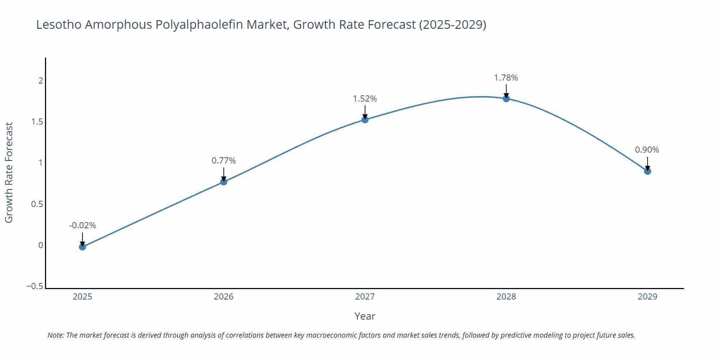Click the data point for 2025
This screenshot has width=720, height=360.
point(82,247)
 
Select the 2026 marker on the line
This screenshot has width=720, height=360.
point(224,182)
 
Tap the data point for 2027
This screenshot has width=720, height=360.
point(365,120)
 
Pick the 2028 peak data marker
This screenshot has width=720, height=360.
point(506,98)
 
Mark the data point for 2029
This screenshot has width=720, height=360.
point(647,171)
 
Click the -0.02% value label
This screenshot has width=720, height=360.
point(82,225)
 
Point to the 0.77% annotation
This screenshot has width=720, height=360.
point(224,161)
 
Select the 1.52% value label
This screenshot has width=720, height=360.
point(365,99)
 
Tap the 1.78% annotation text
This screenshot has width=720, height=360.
point(506,78)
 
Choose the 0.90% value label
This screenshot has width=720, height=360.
point(647,150)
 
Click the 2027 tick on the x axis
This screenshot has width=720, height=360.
point(365,297)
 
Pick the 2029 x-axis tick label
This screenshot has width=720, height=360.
point(647,297)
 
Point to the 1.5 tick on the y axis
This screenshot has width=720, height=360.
point(37,122)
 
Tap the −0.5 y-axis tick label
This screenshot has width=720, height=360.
point(35,286)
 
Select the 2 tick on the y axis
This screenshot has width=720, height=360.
point(41,80)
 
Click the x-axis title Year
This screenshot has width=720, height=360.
point(365,316)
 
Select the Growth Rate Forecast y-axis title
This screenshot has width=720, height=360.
point(9,172)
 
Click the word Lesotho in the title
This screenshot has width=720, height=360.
point(59,24)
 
